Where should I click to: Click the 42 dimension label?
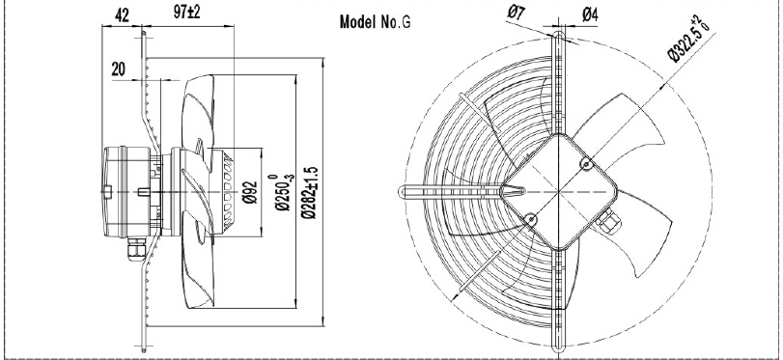[x=122, y=15]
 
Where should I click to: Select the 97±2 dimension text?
[x=186, y=12]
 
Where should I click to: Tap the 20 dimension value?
[x=119, y=69]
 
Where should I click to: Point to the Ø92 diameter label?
[x=250, y=192]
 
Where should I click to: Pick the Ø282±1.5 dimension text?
[x=310, y=193]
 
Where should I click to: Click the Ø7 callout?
[x=516, y=12]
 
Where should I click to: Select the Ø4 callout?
[x=590, y=15]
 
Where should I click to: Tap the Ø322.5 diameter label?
[x=689, y=40]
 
